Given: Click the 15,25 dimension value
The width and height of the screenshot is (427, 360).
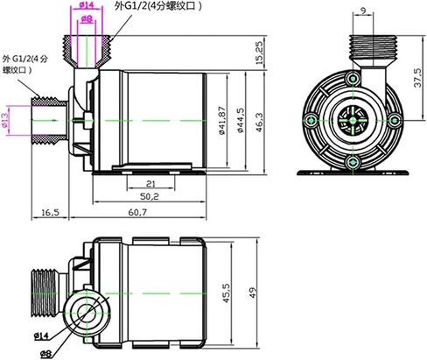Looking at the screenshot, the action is tap(259, 53).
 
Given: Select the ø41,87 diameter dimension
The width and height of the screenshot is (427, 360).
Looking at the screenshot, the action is tap(222, 120).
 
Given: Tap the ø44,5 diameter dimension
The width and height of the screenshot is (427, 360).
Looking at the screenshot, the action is tap(241, 120).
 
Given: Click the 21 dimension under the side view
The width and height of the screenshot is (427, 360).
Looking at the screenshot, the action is tap(150, 184).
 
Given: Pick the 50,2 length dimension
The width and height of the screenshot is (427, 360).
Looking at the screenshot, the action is tap(150, 196).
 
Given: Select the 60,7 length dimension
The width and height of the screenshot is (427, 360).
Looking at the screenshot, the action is tap(137, 213).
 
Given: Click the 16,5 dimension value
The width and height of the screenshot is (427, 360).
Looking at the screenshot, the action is tap(50, 213).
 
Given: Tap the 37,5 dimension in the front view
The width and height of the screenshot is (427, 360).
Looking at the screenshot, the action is tap(417, 78).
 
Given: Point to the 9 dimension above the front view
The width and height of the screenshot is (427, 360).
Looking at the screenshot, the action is tap(363, 11).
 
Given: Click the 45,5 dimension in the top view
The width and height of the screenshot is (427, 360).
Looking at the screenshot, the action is tap(227, 293).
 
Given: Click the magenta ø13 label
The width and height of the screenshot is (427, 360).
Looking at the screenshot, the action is tap(5, 120).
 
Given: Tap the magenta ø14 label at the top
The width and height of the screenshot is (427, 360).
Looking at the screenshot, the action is tap(86, 4).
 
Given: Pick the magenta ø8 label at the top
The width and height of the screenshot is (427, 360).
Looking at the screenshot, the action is tap(87, 19).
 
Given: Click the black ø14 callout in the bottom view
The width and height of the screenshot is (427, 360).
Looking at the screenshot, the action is tap(41, 336).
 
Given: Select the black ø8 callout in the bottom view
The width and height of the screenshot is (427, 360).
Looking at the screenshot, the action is tap(45, 354).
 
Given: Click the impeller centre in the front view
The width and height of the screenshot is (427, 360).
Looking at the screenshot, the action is tap(353, 120).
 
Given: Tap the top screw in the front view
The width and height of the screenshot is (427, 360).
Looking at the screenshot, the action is tap(353, 79).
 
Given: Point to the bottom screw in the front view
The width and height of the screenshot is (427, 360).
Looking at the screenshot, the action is tap(353, 162).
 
